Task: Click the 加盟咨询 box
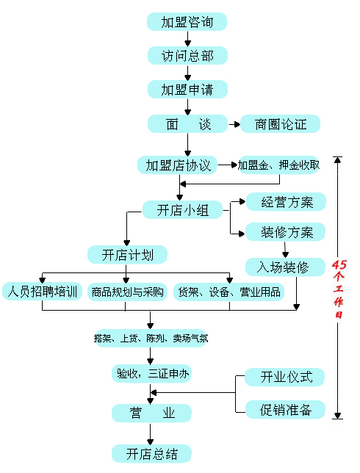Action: [x=187, y=22]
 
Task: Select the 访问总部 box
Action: [x=187, y=56]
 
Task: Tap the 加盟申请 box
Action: [x=187, y=90]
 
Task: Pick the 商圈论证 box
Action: [x=281, y=123]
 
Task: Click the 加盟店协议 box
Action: [x=178, y=165]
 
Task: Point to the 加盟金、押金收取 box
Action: [x=278, y=165]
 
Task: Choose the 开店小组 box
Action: [x=182, y=209]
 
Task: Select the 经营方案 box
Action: [x=286, y=201]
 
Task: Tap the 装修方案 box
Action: [x=286, y=231]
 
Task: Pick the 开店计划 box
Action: [x=127, y=255]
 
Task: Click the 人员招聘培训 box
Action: [x=43, y=292]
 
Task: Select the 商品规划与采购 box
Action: [x=127, y=292]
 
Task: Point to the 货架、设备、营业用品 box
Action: [x=229, y=292]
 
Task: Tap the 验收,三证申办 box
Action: [x=152, y=374]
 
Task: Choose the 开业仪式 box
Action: [x=284, y=377]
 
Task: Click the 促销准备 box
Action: [x=286, y=410]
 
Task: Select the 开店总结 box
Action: [x=152, y=453]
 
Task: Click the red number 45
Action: [x=339, y=264]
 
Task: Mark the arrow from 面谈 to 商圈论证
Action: [x=234, y=124]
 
